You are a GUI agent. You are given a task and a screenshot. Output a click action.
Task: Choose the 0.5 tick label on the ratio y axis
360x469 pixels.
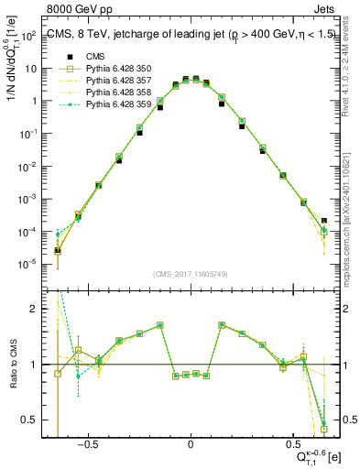pyautogui.click(x=31, y=420)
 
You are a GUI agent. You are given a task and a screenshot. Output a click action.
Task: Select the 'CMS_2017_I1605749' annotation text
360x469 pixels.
pyautogui.click(x=191, y=274)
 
